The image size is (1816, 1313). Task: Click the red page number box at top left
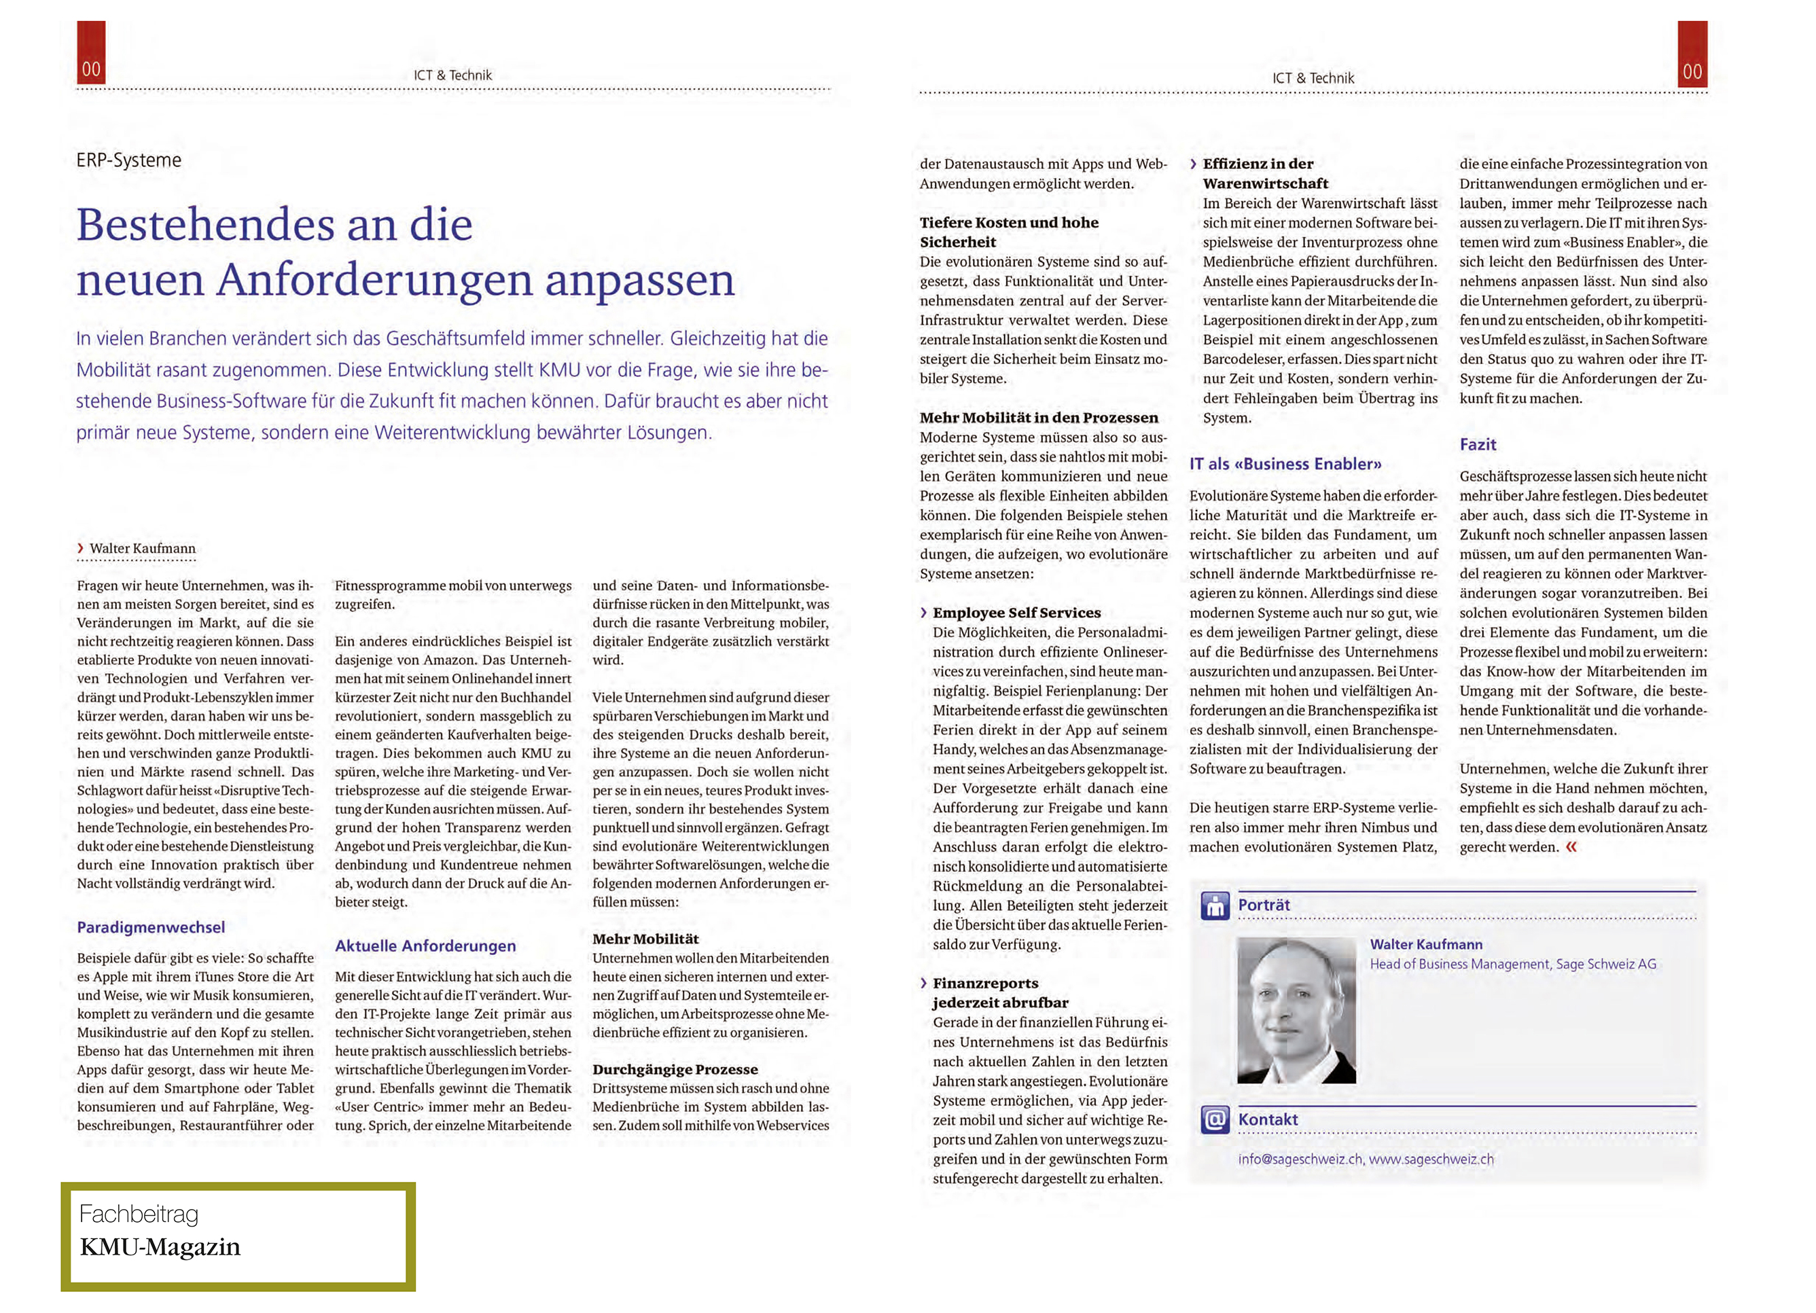click(90, 53)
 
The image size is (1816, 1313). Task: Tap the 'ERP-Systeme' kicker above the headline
click(129, 160)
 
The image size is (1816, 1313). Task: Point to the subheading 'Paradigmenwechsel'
click(151, 927)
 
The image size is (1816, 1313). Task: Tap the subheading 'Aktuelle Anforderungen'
click(425, 946)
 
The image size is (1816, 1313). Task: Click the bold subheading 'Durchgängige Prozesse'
click(675, 1069)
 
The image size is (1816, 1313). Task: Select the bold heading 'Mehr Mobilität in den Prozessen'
click(1039, 417)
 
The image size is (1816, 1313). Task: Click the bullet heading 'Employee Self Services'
click(1016, 613)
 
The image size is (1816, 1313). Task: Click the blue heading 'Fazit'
click(1477, 444)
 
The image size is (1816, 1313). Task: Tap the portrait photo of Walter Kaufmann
click(1296, 1009)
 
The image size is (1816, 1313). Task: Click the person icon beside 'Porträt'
click(1215, 906)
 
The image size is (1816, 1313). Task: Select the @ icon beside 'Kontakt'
click(1215, 1119)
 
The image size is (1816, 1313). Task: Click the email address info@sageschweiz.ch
click(1300, 1159)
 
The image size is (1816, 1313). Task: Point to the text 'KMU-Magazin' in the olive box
click(160, 1247)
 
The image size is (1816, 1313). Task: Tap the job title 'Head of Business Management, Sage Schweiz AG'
click(1512, 964)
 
